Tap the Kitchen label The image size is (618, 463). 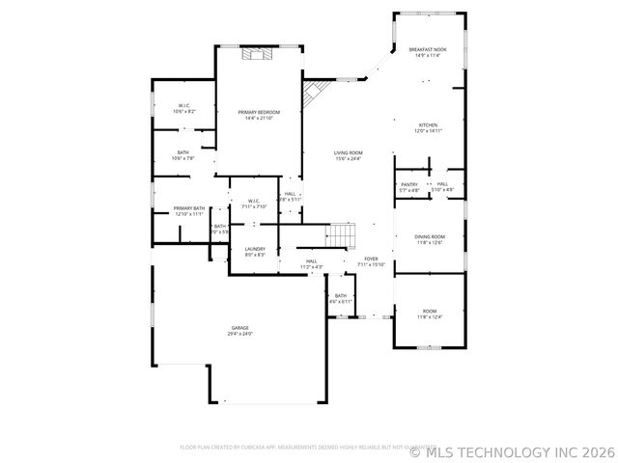click(428, 124)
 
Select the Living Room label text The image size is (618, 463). click(348, 152)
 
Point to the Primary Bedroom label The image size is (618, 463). click(259, 113)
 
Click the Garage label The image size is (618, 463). click(239, 327)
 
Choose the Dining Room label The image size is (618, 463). click(430, 236)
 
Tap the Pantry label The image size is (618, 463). click(409, 184)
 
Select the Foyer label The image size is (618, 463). click(371, 259)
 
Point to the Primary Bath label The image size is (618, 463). click(189, 208)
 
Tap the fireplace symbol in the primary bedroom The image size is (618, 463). click(256, 54)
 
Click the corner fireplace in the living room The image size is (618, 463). click(315, 94)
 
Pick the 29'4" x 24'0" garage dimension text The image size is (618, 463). click(239, 334)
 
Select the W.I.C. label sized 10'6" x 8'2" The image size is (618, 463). click(183, 105)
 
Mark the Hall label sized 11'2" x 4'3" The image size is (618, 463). click(311, 260)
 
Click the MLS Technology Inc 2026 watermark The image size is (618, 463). click(513, 450)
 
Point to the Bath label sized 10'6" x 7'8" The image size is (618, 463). click(183, 152)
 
